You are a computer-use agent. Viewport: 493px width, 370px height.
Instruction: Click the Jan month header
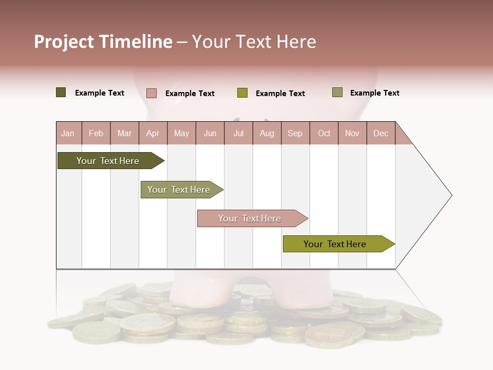[68, 134]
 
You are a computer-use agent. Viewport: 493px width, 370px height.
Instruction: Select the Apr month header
[153, 134]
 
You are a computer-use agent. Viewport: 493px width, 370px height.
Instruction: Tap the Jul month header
[239, 134]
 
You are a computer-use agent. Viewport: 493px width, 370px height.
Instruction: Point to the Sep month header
[295, 134]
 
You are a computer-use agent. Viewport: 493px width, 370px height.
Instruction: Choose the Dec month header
[381, 134]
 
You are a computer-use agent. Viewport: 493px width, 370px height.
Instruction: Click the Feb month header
[96, 134]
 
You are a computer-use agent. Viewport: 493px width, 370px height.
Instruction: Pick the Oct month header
[324, 134]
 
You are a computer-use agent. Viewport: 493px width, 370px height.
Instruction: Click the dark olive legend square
[61, 92]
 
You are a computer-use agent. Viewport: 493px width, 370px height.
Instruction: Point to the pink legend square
[151, 93]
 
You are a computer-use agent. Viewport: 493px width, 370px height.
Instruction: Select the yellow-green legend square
[242, 93]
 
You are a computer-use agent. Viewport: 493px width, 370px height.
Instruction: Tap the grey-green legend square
[337, 92]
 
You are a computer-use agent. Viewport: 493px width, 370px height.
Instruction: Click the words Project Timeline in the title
[103, 42]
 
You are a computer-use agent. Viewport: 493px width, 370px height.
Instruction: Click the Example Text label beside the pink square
[190, 94]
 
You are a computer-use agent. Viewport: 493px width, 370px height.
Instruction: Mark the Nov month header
[352, 134]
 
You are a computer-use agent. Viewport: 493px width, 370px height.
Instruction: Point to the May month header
[181, 134]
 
